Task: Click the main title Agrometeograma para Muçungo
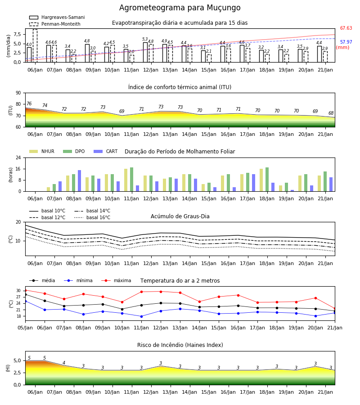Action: click(x=180, y=8)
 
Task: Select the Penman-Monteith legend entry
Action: click(x=55, y=24)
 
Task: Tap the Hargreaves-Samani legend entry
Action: click(x=57, y=17)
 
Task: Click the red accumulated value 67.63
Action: click(x=346, y=28)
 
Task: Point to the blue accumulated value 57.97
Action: click(x=346, y=42)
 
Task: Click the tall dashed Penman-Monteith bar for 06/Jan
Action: click(x=35, y=46)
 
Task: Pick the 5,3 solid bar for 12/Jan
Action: click(x=145, y=53)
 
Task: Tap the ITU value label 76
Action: click(x=29, y=103)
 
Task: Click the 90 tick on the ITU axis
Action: click(x=18, y=93)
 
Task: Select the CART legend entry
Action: click(x=106, y=151)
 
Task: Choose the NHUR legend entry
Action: click(x=42, y=151)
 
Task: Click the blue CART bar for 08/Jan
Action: click(x=80, y=181)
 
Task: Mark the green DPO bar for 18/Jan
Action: click(x=267, y=180)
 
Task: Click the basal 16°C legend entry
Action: click(x=92, y=217)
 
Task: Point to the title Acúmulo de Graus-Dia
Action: click(x=180, y=216)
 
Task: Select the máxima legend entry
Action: click(x=116, y=280)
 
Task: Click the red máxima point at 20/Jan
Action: click(x=315, y=298)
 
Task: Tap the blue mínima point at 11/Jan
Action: click(x=141, y=316)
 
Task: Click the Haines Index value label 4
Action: click(x=64, y=363)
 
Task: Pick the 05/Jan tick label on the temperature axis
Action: click(x=25, y=328)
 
